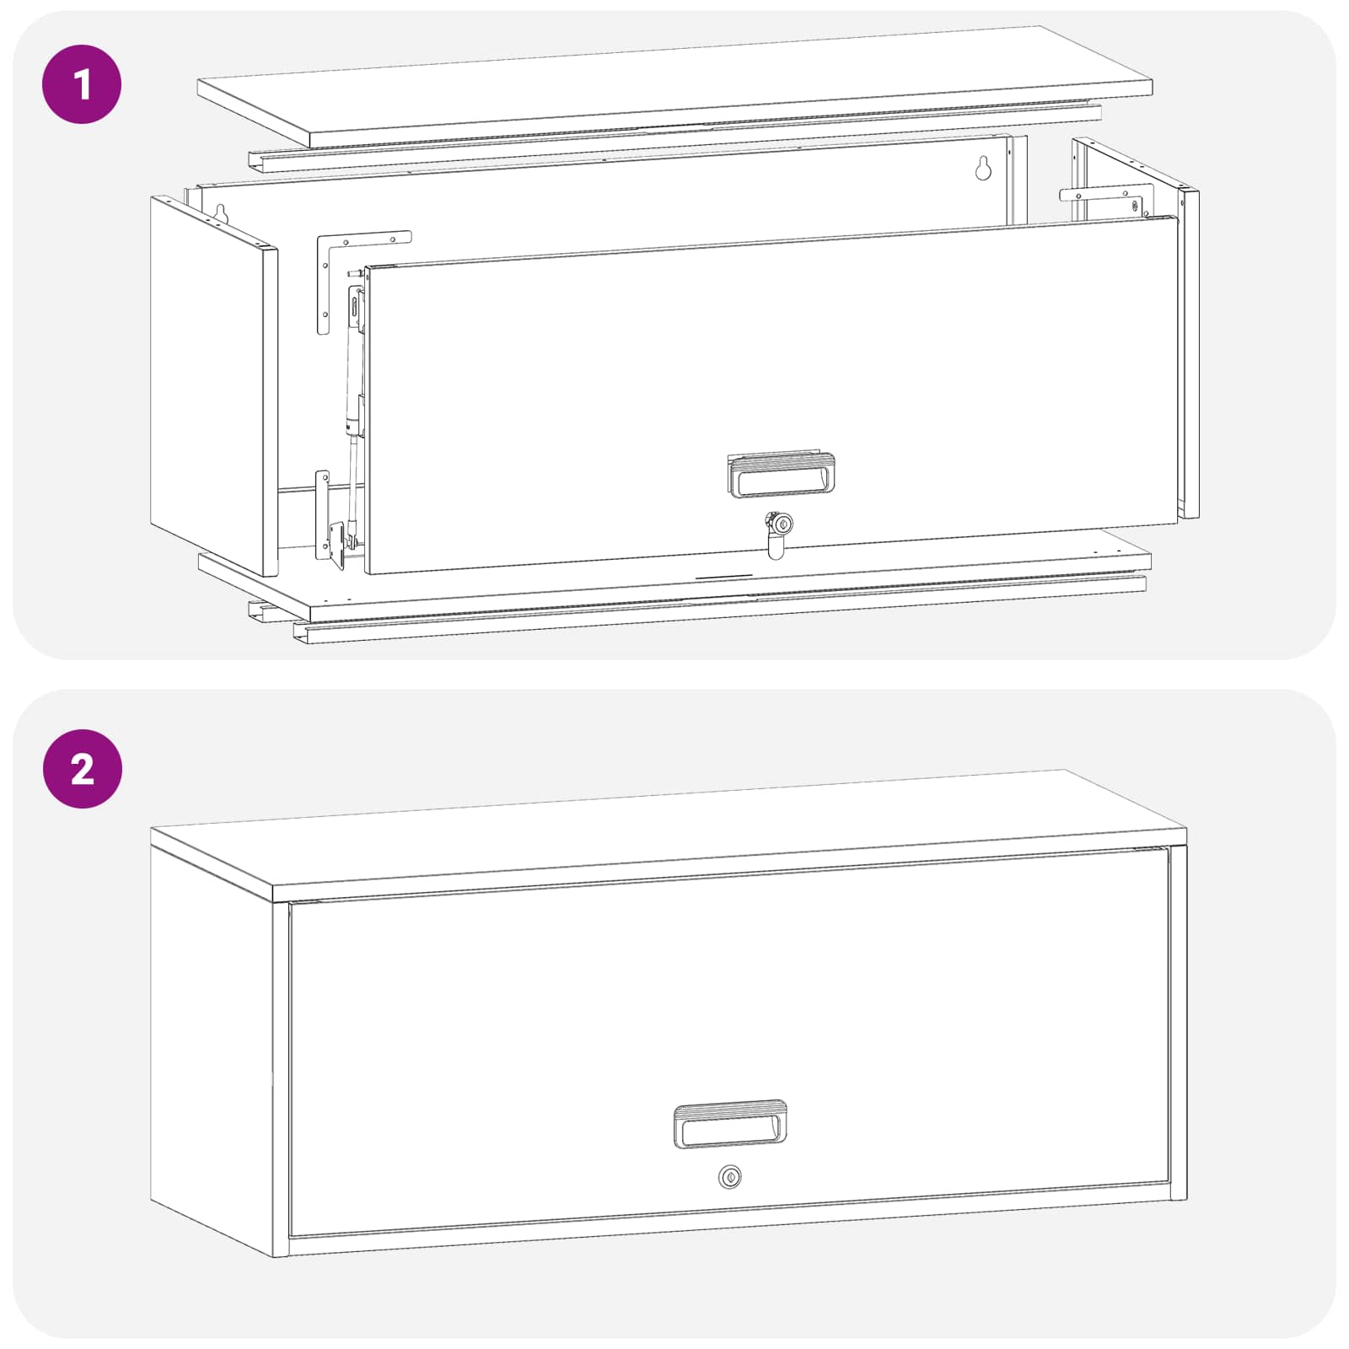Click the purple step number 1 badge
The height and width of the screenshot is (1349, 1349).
tap(82, 84)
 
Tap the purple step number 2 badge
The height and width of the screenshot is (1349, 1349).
tap(83, 769)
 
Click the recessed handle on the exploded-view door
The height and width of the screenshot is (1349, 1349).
tap(782, 475)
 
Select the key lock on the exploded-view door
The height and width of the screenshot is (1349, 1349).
tap(777, 533)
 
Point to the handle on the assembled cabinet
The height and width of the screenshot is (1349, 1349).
tap(730, 1124)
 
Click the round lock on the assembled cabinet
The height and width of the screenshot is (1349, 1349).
tap(730, 1176)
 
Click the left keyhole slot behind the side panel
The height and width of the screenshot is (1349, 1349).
tap(222, 215)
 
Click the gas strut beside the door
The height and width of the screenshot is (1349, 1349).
tap(354, 405)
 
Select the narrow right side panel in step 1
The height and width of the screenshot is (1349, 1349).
tap(1190, 354)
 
